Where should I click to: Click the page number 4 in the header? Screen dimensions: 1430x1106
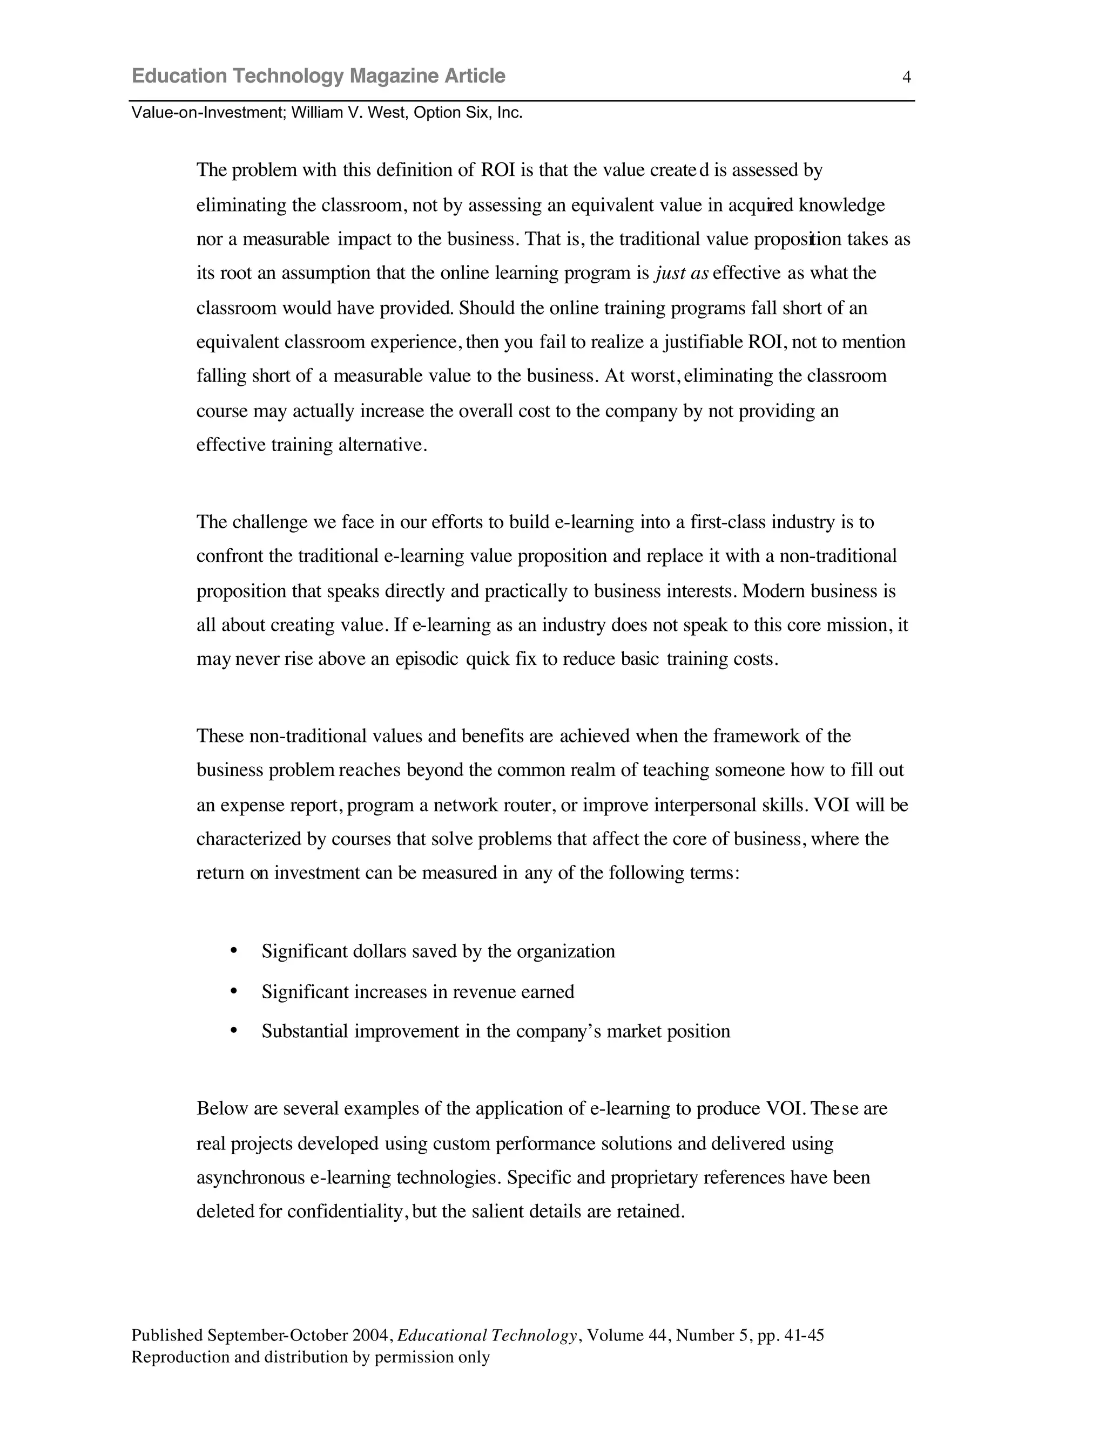point(906,77)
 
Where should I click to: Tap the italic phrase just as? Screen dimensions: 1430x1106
point(682,273)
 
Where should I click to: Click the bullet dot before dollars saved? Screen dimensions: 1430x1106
point(234,950)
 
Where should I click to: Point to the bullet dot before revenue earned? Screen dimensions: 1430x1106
point(234,991)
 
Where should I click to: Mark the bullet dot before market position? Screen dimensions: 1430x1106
point(234,1030)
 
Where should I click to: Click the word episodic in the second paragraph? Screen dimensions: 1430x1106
point(427,659)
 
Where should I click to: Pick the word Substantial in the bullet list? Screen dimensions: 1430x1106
point(305,1031)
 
